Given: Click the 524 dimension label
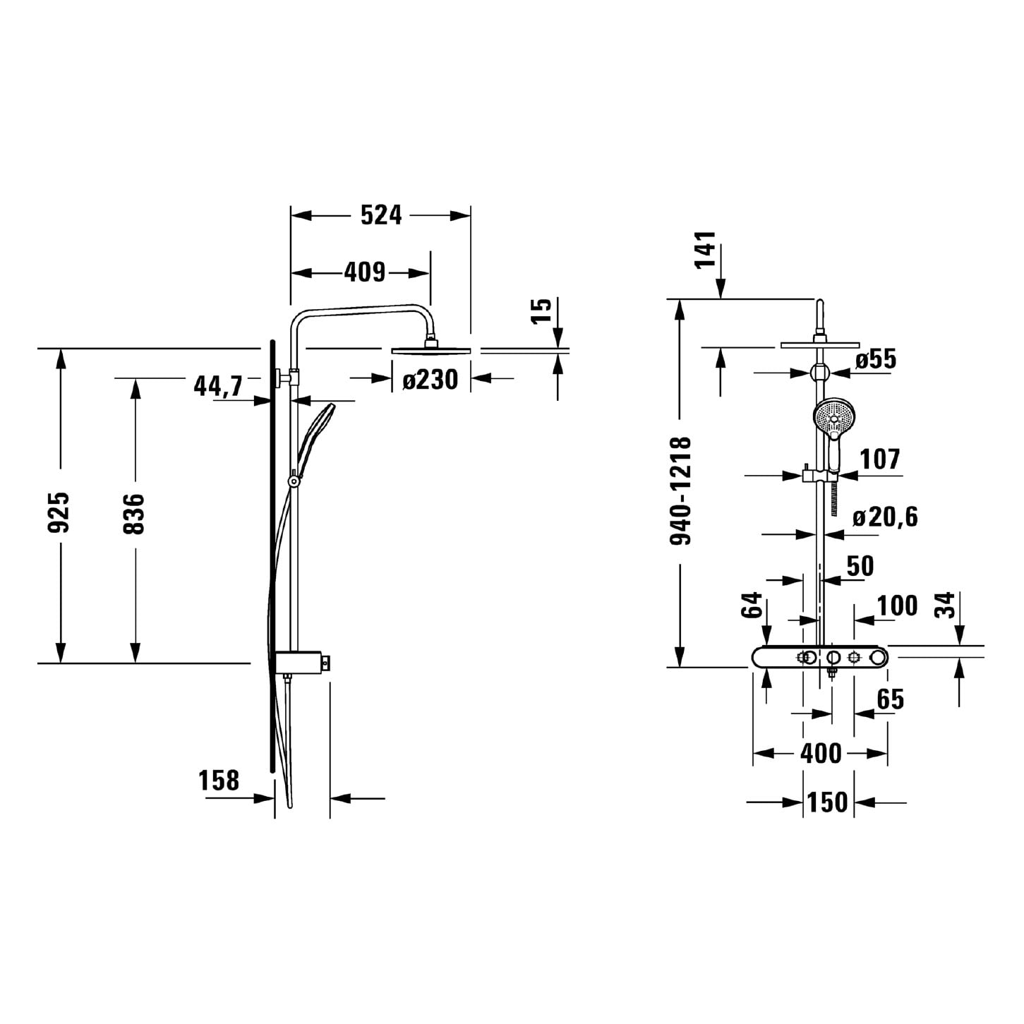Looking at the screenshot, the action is point(381,215).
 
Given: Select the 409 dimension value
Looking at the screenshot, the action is point(365,272).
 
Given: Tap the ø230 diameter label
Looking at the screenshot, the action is point(430,380).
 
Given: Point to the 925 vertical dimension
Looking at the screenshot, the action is point(59,512).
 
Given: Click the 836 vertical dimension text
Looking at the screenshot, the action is point(133,513).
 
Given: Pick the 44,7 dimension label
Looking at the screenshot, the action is point(218,385).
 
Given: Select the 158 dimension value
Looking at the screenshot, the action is point(219,780).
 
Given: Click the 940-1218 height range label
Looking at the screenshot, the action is point(680,490).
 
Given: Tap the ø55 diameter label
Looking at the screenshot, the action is point(876,359).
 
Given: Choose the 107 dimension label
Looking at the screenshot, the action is point(880,459).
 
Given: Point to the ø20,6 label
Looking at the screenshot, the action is point(885,517).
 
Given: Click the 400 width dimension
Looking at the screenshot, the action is point(821,754).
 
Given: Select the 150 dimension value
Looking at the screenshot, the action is point(828,802).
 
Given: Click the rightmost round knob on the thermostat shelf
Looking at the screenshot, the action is point(878,658).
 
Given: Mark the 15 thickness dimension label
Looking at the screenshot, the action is point(542,311).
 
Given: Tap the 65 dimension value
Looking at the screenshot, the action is point(891,699).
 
